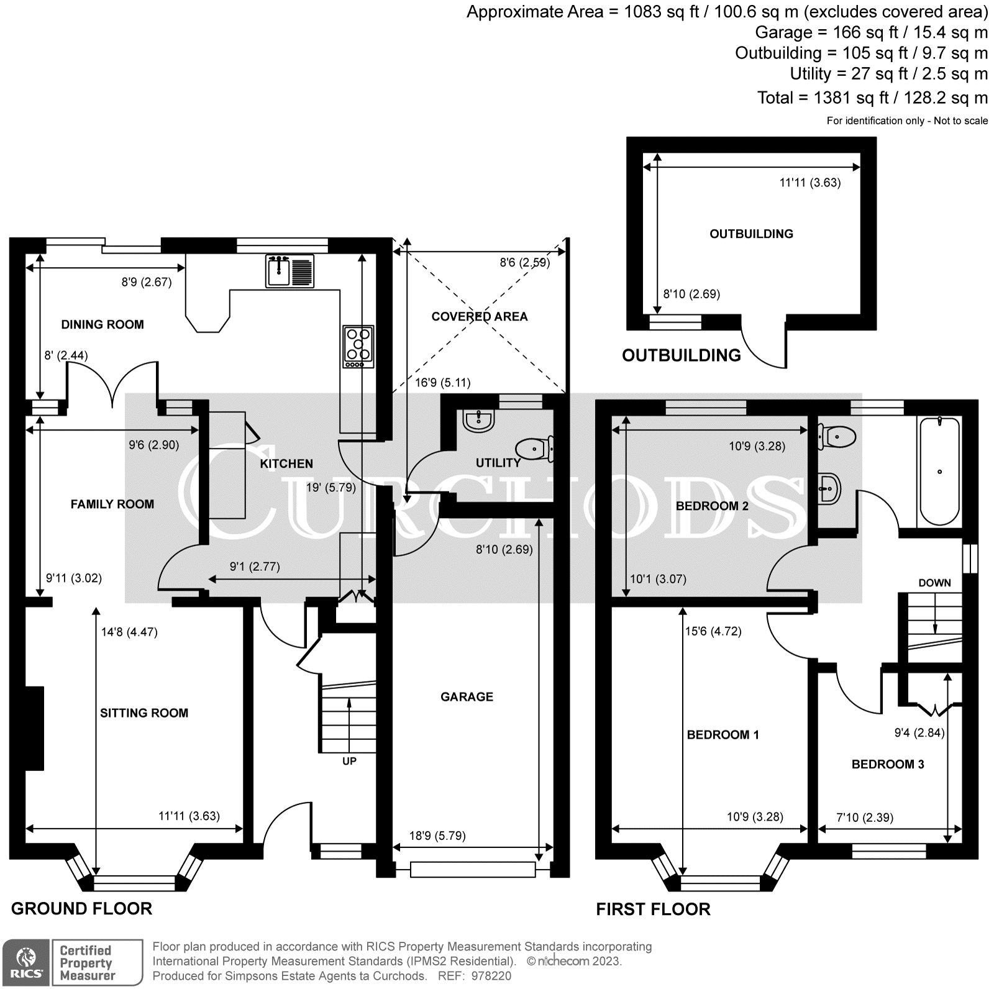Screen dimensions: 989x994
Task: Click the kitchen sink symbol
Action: [290, 271]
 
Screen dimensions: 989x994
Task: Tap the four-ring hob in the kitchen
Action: [358, 346]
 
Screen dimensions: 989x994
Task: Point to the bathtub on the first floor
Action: [939, 472]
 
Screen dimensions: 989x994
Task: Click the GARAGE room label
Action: [467, 697]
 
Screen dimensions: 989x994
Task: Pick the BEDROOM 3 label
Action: [887, 764]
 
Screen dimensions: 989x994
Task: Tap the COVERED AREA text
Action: [479, 316]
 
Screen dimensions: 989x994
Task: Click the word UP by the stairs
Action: [349, 761]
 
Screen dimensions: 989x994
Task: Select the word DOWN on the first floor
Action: [934, 583]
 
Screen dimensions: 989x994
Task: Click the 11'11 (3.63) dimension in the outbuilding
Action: [809, 183]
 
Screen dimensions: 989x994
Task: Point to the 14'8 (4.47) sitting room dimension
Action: [129, 632]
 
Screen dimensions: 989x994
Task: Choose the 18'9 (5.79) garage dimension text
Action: [437, 836]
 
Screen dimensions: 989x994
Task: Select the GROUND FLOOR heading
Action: [81, 909]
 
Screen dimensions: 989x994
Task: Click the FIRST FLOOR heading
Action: [653, 909]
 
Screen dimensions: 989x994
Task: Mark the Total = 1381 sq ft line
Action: [872, 98]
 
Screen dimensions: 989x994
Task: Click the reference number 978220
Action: [491, 976]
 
